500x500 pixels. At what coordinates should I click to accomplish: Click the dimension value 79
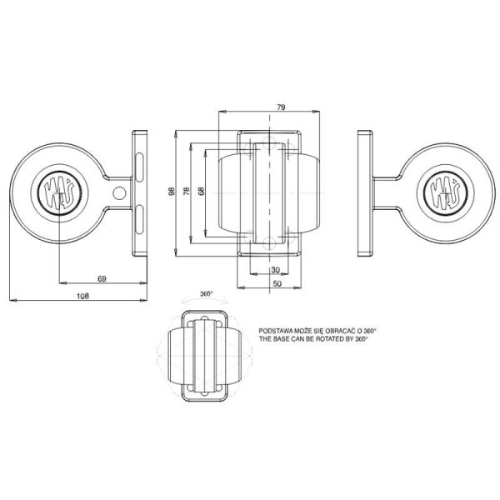(282, 107)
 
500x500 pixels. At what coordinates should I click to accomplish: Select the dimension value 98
(171, 192)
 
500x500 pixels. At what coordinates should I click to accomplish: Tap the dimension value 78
(187, 192)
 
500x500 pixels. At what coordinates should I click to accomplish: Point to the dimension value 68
(201, 192)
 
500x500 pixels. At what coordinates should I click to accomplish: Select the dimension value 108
(82, 295)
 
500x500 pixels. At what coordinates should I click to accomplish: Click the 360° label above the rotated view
(207, 294)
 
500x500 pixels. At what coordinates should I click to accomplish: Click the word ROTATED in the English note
(324, 340)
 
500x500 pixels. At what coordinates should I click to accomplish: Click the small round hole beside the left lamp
(120, 193)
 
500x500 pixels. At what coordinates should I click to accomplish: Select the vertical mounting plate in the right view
(364, 192)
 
